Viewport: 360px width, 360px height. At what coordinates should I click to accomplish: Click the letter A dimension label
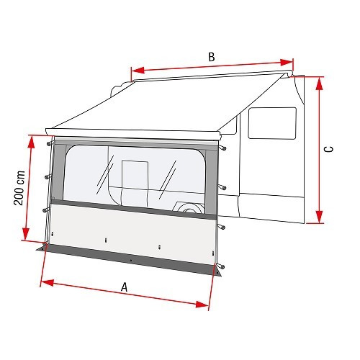(125, 287)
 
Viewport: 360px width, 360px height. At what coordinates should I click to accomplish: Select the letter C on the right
(328, 149)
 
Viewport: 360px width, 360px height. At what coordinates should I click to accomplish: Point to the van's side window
(272, 122)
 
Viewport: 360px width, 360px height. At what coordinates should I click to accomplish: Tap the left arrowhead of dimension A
(44, 282)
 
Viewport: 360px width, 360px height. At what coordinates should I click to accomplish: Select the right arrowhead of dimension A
(210, 302)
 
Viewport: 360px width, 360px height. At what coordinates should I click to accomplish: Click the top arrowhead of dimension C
(318, 78)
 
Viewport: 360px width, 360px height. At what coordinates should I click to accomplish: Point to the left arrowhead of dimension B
(135, 71)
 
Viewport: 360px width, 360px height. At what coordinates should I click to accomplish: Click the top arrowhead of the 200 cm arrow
(32, 138)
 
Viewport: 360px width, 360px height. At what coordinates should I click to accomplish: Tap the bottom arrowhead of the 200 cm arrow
(26, 237)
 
